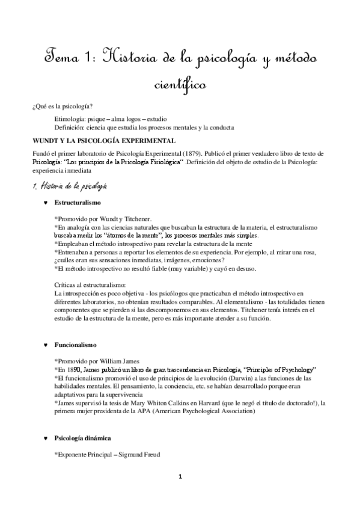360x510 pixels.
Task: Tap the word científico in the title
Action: point(180,86)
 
